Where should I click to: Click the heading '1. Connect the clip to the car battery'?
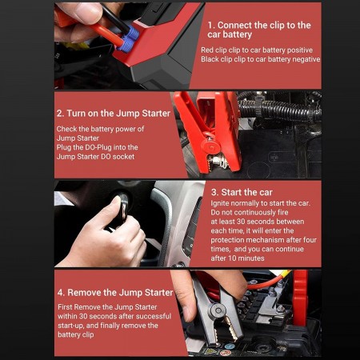259,30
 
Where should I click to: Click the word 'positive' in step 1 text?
300,50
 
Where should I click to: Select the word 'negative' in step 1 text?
306,59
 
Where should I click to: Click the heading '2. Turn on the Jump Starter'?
114,114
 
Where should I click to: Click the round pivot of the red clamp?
210,146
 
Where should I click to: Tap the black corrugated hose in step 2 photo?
280,110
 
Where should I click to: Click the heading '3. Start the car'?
242,192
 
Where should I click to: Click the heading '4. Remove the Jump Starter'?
115,293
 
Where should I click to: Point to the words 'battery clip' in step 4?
76,334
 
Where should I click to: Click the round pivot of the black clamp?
218,310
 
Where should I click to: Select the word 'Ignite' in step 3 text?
220,203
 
